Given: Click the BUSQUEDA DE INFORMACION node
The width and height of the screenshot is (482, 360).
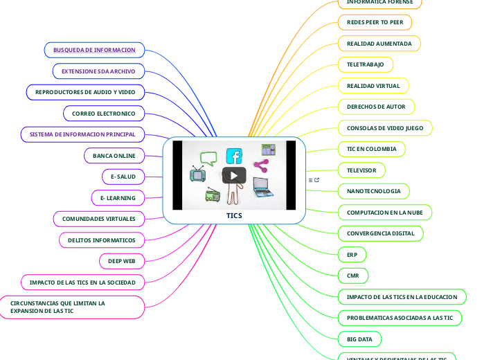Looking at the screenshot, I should coord(94,50).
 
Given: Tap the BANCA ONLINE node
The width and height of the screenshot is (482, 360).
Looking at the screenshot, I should coord(114,156).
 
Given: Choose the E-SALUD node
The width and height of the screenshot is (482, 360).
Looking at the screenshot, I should coord(123,177).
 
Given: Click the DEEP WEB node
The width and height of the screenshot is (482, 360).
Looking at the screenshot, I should coord(122,261).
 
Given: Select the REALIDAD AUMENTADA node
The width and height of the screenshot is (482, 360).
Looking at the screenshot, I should coord(379,44).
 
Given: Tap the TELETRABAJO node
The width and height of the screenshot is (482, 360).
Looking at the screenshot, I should coord(366,64).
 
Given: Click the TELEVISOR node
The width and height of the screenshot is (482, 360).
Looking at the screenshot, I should coord(361,170).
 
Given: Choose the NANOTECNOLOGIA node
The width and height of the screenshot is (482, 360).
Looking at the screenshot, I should coord(373,191).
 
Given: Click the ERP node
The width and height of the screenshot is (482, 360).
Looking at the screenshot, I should coord(352,255).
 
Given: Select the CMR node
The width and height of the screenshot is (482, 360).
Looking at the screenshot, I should coord(352,276).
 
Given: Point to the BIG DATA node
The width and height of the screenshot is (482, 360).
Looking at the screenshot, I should coord(359,339).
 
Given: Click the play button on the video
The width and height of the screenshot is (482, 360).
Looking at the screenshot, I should coord(234,175).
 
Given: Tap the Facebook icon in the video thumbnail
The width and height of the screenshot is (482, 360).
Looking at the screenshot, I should coord(234,156).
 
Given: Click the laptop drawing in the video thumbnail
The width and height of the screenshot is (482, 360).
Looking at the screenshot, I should coord(262,188).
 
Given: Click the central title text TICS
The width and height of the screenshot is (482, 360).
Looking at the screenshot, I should coord(234,215).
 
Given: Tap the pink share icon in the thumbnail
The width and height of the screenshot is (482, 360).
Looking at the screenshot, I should coord(260,165).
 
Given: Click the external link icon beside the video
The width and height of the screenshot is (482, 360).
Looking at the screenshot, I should coord(317,180).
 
